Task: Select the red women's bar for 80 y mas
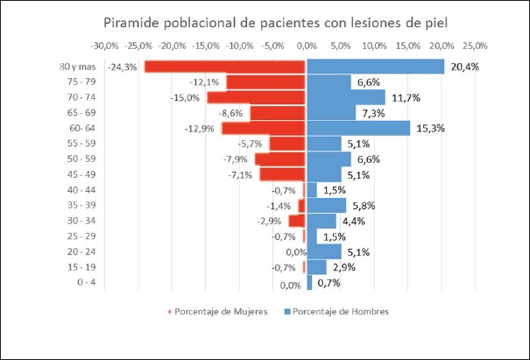tap(225, 67)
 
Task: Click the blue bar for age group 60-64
tap(357, 128)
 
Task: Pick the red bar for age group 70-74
tap(256, 97)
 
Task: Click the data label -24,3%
tap(122, 67)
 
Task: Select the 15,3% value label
tap(430, 128)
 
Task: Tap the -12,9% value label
tap(200, 128)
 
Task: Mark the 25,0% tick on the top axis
tap(475, 45)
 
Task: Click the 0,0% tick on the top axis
tap(307, 45)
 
